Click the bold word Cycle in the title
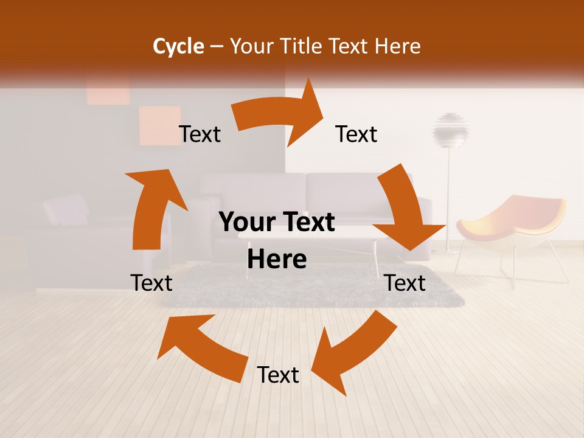click(178, 46)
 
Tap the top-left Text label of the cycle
click(200, 134)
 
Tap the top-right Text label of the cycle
click(356, 134)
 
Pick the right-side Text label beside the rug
click(405, 283)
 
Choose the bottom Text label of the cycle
click(278, 375)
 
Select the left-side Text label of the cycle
click(151, 283)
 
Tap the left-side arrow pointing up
click(152, 207)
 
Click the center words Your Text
click(277, 223)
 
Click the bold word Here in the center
click(277, 260)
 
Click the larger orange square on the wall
click(160, 125)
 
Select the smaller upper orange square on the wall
click(108, 91)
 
